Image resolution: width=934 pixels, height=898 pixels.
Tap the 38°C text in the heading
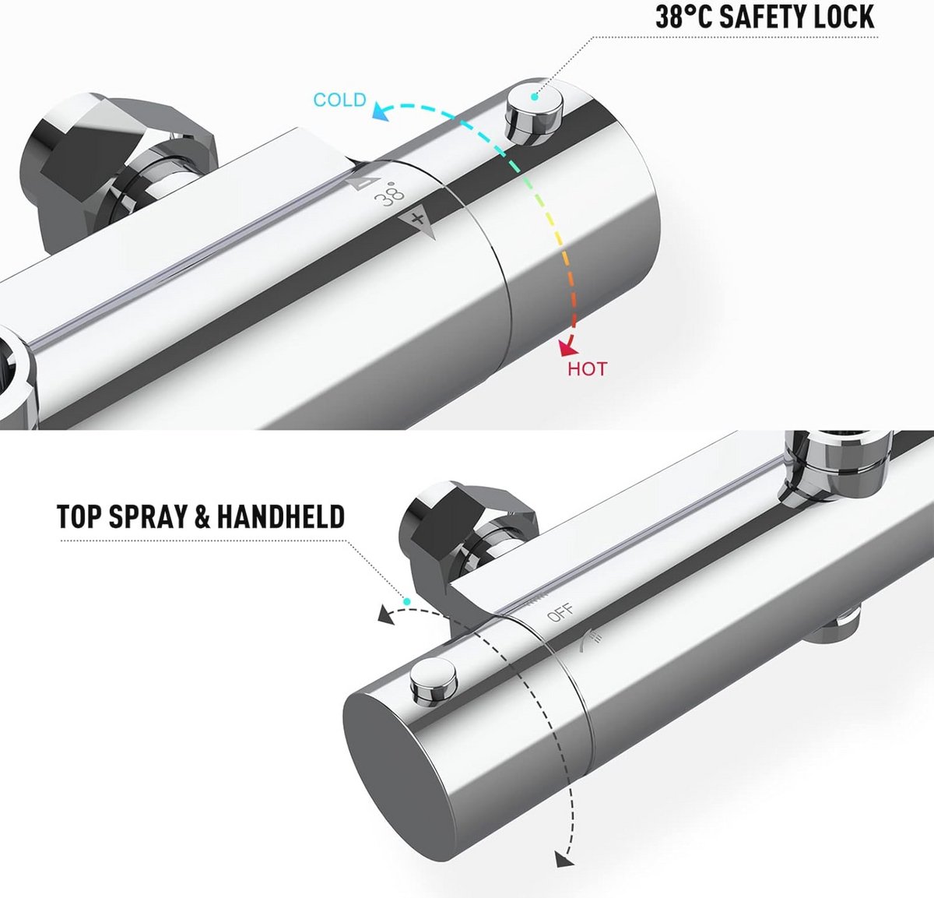coord(683,17)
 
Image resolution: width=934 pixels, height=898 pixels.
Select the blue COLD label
coord(340,100)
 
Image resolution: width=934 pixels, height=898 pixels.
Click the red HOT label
coord(588,369)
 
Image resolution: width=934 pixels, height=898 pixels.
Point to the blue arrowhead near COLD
coord(382,111)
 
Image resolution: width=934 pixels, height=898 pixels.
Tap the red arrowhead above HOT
coord(567,347)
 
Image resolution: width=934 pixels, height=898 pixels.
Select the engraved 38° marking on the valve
coord(390,194)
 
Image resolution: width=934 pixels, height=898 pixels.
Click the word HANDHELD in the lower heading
coord(281,516)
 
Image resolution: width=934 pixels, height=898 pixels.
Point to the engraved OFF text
coord(560,613)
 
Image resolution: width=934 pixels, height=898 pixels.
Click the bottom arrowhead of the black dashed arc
coord(565,858)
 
